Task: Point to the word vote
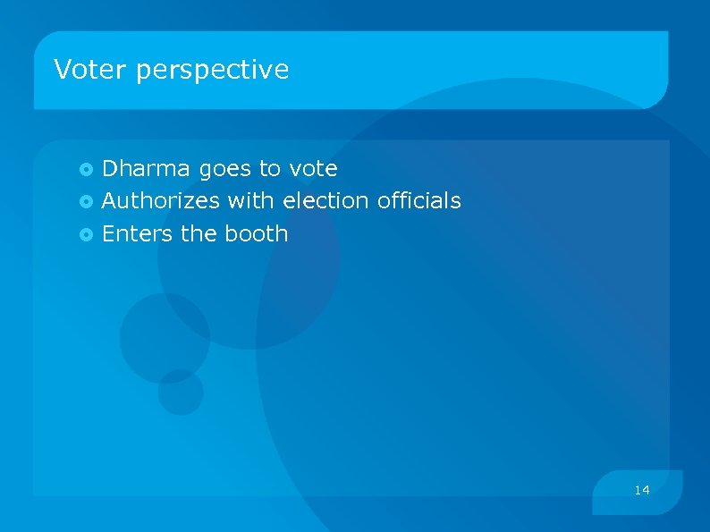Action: [x=313, y=168]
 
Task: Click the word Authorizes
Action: [x=161, y=200]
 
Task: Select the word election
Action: [x=325, y=200]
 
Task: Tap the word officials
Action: [x=419, y=200]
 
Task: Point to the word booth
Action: [x=257, y=233]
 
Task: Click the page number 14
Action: [x=641, y=490]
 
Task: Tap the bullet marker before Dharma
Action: [x=87, y=169]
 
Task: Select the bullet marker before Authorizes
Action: [x=87, y=201]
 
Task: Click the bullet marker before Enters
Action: [x=87, y=234]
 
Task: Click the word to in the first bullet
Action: [x=269, y=169]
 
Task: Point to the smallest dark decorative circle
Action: [x=181, y=392]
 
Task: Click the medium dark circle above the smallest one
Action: [x=165, y=336]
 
